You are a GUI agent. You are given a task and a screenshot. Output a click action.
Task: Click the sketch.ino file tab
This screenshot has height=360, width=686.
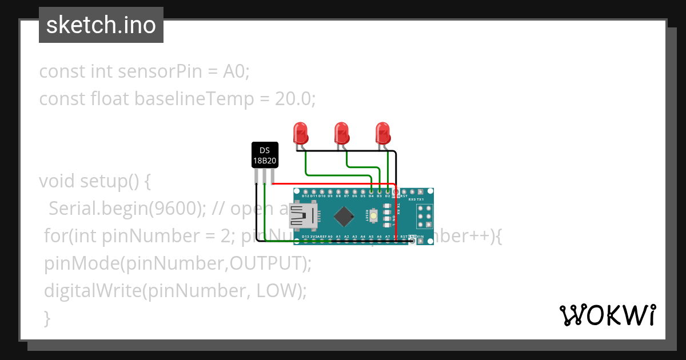point(101,25)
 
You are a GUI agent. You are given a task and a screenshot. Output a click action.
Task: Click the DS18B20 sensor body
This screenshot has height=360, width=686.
point(265,155)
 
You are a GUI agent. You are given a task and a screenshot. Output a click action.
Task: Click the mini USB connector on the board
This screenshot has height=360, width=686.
point(303,216)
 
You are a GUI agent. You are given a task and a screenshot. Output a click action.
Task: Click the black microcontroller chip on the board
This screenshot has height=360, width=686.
point(344,216)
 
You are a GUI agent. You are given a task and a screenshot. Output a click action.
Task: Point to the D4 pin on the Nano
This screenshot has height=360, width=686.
point(371,191)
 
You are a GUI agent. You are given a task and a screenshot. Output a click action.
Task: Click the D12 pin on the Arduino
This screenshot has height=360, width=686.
point(306,191)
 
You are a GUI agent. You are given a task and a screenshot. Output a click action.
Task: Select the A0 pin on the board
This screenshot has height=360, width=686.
point(330,241)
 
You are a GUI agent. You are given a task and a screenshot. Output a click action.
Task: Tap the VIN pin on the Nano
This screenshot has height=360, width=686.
point(421,241)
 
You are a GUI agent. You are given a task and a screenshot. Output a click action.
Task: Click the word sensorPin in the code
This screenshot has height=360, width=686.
point(159,72)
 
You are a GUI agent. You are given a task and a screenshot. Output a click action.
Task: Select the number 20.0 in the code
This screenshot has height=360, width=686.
point(294,99)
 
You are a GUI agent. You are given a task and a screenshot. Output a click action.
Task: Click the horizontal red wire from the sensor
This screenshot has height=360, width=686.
point(332,184)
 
